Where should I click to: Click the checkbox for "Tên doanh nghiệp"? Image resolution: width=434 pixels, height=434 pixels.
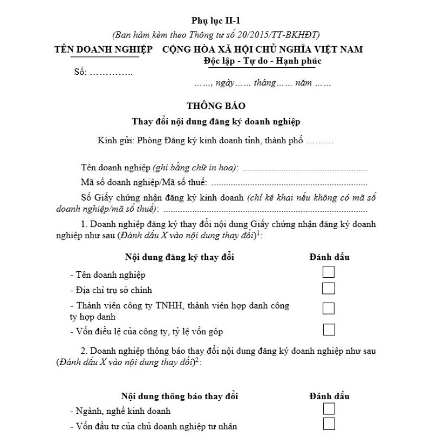[x=328, y=272]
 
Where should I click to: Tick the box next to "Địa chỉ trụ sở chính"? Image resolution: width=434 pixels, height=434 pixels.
[x=328, y=288]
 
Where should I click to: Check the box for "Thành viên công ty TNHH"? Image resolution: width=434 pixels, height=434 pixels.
[x=328, y=308]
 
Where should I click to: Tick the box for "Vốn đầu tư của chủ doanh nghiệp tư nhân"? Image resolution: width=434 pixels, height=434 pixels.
[x=328, y=424]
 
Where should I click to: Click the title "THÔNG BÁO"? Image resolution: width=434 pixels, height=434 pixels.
[x=216, y=106]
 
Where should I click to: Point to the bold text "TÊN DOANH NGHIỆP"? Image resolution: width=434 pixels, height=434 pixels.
[x=103, y=49]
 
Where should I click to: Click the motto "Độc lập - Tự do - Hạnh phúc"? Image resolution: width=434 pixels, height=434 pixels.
[x=263, y=61]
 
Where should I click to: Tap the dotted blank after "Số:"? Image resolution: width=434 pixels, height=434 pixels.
[x=110, y=73]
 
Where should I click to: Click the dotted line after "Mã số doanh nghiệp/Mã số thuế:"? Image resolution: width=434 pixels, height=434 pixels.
[x=288, y=183]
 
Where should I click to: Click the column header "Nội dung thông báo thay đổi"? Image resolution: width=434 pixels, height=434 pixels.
[x=180, y=396]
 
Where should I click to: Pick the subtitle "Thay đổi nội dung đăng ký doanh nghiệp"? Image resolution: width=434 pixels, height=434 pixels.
[x=216, y=122]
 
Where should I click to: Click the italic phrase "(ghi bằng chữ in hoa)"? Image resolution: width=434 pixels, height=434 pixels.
[x=195, y=167]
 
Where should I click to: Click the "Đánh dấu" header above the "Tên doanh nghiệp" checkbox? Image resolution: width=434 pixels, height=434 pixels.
[x=329, y=257]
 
